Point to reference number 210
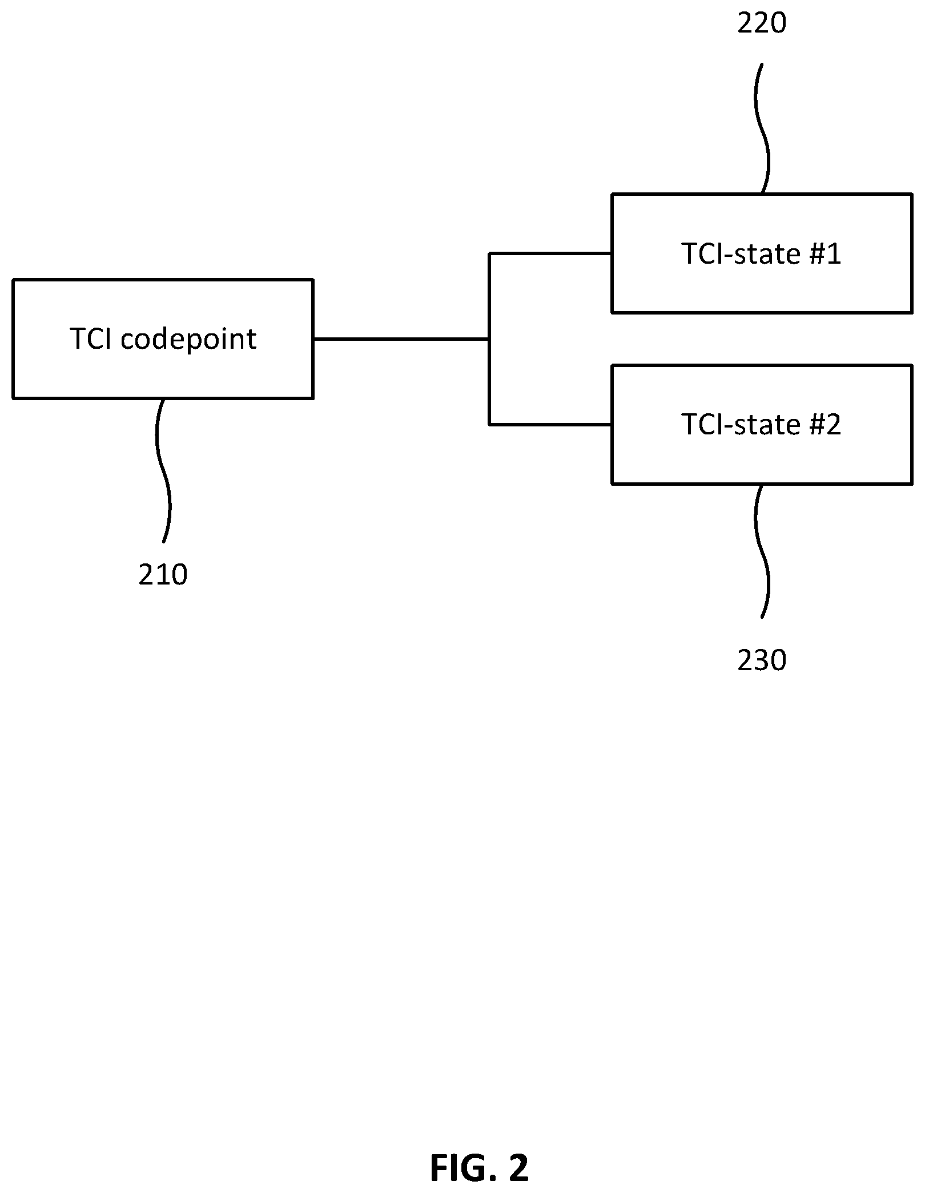[163, 575]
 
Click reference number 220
[762, 23]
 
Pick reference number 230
[762, 660]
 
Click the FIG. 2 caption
[480, 1168]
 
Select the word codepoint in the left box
[188, 340]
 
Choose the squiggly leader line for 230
[762, 551]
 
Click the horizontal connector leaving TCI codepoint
[401, 339]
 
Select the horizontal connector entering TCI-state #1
[550, 253]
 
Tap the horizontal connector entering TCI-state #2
[550, 425]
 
